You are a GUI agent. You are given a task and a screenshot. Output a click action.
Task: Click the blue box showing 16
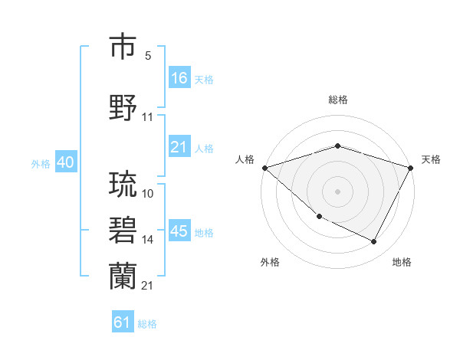click(179, 78)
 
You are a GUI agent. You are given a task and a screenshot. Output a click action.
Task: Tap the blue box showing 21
click(179, 147)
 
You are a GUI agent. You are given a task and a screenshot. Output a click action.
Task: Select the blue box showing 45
click(179, 231)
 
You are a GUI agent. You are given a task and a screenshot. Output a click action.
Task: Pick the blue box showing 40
click(65, 162)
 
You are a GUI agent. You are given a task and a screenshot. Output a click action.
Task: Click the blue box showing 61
click(123, 322)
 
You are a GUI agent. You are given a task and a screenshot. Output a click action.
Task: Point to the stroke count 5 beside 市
click(148, 56)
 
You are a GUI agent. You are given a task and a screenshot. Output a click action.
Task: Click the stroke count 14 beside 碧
click(148, 240)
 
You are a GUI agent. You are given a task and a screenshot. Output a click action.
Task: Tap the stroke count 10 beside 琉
click(148, 194)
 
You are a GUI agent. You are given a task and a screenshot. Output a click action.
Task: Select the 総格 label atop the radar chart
click(337, 100)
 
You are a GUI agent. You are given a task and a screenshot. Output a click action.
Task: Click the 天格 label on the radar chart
click(431, 159)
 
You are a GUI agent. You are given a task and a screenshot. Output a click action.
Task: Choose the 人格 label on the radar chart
click(245, 159)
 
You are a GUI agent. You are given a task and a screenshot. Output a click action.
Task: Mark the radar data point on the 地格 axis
click(374, 242)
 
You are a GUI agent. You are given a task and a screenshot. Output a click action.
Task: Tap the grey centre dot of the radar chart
click(337, 191)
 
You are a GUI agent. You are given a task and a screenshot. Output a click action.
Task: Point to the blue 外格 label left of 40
click(40, 163)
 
